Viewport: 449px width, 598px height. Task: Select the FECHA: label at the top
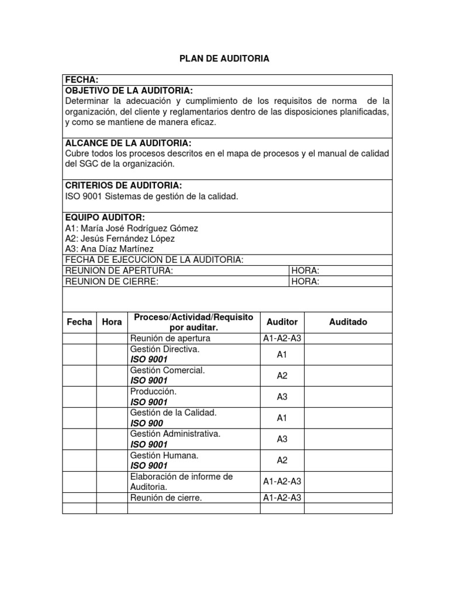81,79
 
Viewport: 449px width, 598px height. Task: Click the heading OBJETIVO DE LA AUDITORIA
129,91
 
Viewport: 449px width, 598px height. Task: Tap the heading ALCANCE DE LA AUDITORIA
128,143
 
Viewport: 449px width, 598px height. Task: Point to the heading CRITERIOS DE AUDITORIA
123,186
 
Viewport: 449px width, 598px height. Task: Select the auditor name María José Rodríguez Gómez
132,228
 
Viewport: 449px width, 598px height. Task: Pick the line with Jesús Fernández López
120,238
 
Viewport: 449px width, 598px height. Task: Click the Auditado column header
348,322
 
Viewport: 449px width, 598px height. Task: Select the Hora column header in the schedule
112,322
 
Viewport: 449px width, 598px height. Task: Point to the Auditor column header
282,322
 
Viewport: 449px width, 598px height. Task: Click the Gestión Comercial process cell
167,370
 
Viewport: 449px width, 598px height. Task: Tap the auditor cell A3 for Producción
282,397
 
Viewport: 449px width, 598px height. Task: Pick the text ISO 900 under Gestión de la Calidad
147,423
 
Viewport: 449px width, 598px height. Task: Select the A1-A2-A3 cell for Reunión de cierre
282,498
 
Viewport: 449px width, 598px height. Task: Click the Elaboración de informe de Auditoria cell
173,481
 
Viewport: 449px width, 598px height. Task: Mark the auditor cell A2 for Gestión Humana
282,460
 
